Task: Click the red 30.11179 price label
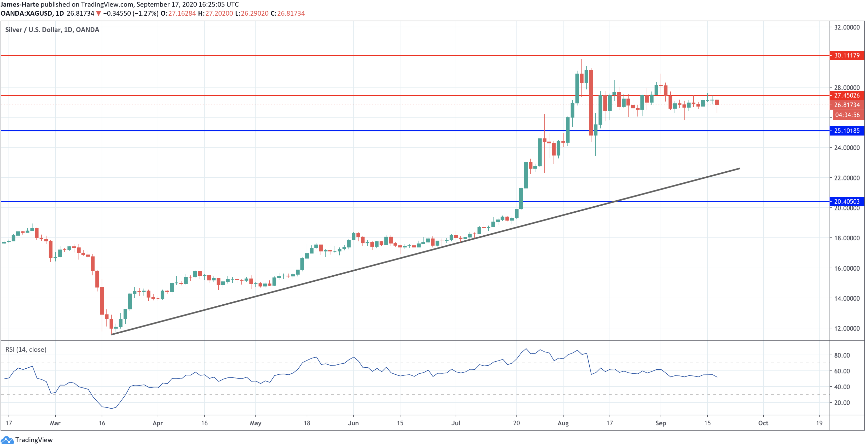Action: pos(846,55)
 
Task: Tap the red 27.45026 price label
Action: pos(846,95)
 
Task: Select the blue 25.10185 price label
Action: pos(846,131)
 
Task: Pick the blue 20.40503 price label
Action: pos(846,201)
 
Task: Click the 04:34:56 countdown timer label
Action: pos(847,115)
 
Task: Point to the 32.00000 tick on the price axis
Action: pos(846,27)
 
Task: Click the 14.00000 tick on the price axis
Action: pos(846,298)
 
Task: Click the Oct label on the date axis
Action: pos(763,423)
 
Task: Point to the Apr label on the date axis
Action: pos(158,423)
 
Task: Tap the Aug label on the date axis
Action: pos(563,423)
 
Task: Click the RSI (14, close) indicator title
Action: pos(26,349)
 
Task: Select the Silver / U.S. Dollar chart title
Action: pos(52,30)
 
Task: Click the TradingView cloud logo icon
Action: pos(7,440)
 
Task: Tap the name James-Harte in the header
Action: pos(20,4)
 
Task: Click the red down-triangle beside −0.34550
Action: pos(98,13)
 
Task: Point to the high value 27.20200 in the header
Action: pos(219,13)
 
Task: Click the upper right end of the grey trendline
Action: pos(739,168)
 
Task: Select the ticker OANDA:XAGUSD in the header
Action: pos(26,13)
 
